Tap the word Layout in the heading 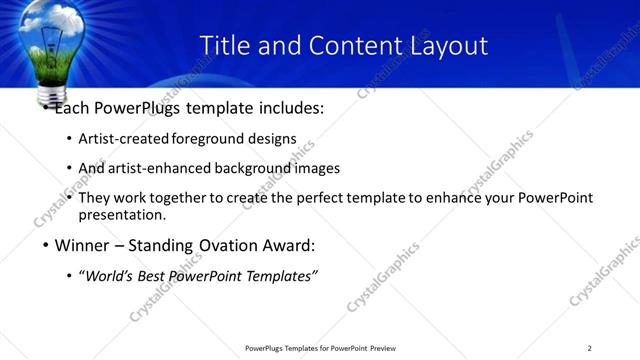tap(448, 46)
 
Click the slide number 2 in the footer tap(589, 348)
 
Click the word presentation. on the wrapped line tap(122, 215)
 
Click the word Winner tap(83, 245)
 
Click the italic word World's tap(111, 276)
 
